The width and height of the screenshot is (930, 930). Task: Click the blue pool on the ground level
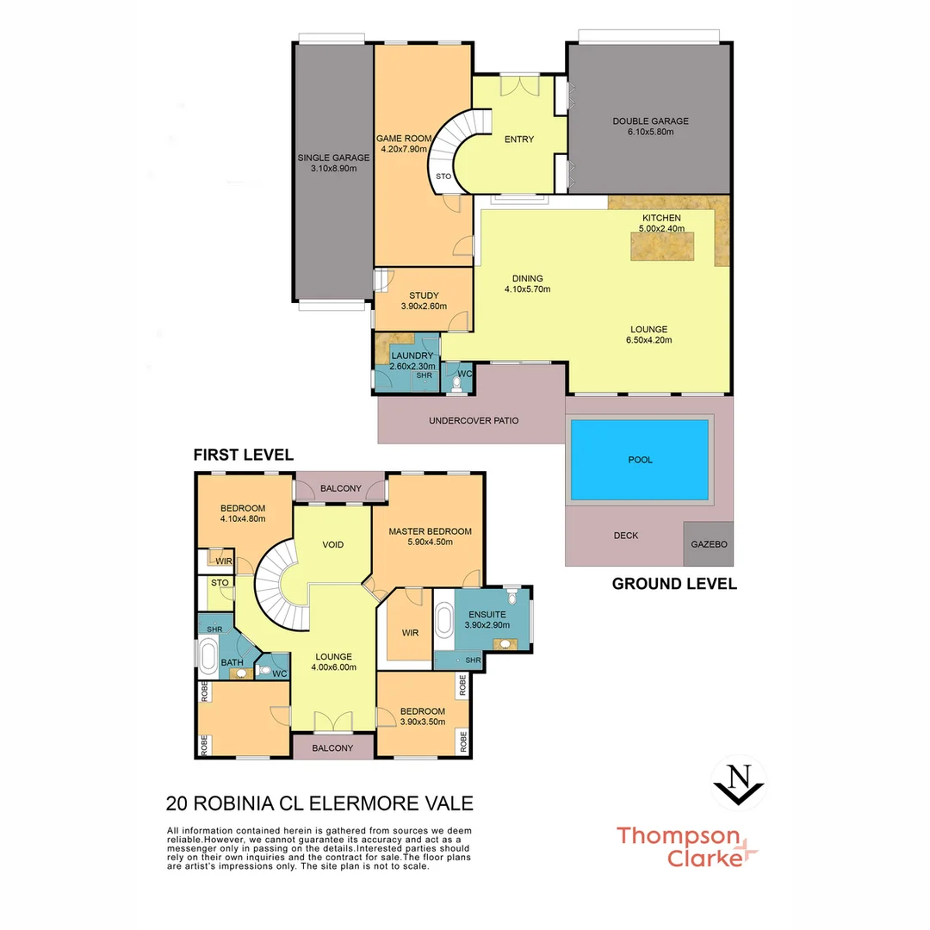coord(640,460)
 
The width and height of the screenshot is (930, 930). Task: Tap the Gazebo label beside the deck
coord(709,545)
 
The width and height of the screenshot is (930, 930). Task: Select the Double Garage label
coord(650,121)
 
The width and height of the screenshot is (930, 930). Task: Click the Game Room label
coord(402,138)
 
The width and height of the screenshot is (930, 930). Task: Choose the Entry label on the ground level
coord(519,139)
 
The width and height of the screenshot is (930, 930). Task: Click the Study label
coord(424,295)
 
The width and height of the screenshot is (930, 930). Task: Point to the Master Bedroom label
coord(430,531)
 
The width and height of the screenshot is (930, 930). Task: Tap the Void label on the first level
coord(333,545)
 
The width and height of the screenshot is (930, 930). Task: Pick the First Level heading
coord(244,455)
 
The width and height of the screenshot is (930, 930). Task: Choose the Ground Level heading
coord(674,584)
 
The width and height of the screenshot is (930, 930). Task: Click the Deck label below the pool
coord(626,536)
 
